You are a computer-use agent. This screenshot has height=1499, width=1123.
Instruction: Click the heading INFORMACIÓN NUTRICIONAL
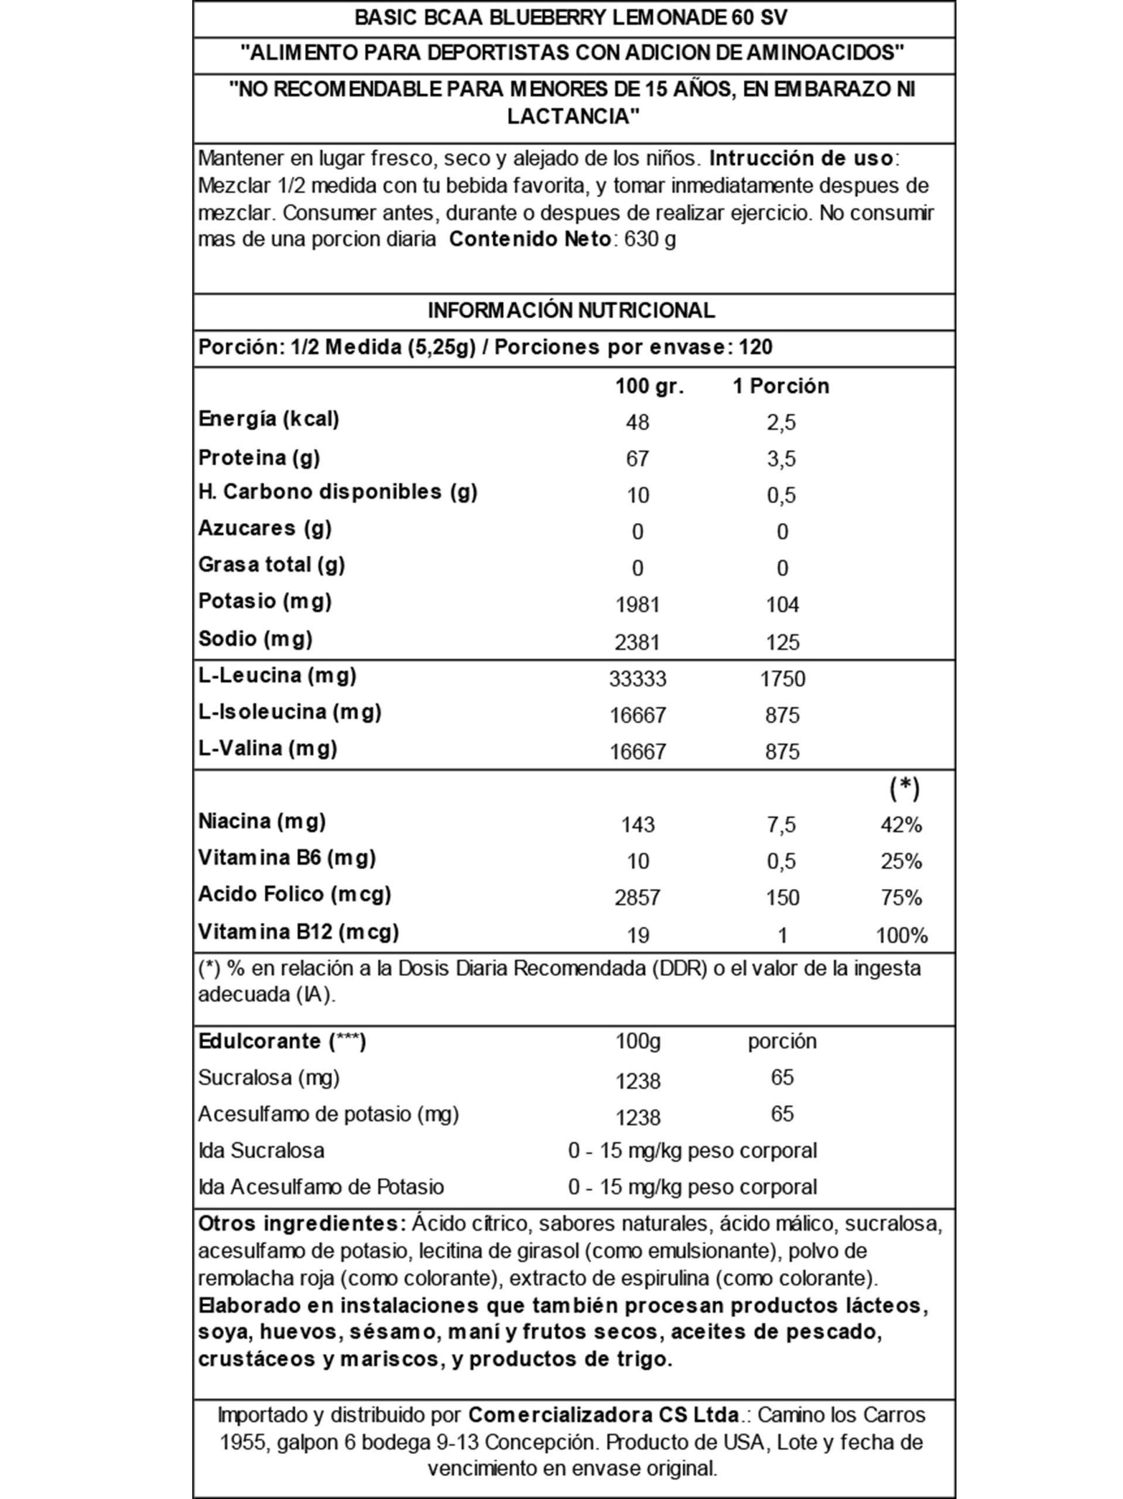(571, 310)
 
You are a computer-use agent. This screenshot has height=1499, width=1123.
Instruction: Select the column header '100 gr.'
(649, 386)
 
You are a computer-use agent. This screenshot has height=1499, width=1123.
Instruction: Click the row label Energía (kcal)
(268, 419)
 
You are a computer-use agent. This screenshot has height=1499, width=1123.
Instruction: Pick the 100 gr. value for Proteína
(637, 459)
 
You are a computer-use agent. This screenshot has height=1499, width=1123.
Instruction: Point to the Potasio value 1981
(637, 604)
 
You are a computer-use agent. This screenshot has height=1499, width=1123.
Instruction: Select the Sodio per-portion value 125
(782, 642)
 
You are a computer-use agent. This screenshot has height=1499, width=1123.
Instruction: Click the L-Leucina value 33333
(637, 678)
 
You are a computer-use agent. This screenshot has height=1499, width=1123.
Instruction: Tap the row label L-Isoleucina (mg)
(289, 712)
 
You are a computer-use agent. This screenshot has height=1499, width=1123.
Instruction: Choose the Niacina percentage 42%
(901, 824)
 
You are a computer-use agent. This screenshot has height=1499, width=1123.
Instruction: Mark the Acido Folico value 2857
(637, 898)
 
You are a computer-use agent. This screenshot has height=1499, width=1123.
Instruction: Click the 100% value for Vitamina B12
(901, 936)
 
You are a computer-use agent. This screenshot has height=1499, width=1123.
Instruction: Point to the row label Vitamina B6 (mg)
(287, 858)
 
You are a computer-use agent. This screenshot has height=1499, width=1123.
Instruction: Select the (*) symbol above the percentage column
(904, 789)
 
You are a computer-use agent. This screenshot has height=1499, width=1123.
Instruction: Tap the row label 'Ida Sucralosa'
(261, 1151)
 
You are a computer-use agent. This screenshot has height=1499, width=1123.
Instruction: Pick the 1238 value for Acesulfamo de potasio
(637, 1117)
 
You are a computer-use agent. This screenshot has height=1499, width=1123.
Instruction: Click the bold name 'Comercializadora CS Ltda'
(603, 1415)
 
